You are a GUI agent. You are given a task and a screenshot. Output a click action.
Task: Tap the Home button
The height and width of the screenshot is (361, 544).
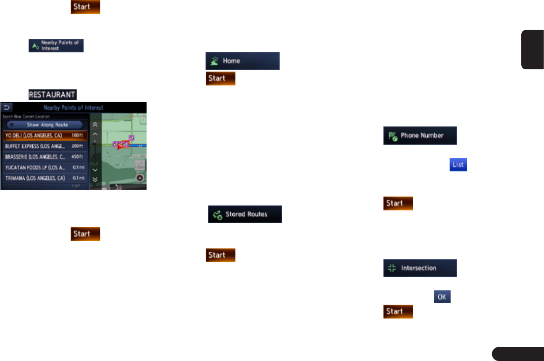click(242, 61)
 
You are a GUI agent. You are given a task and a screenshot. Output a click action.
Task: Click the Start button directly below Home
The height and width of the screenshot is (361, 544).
click(220, 79)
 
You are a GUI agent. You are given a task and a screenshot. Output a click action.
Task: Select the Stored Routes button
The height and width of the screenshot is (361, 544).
click(245, 214)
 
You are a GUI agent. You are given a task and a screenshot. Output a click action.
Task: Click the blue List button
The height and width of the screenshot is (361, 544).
click(458, 165)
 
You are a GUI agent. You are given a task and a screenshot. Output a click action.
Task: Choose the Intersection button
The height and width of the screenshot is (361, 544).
click(420, 268)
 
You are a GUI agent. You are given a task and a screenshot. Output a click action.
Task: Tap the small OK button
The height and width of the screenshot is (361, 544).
click(442, 297)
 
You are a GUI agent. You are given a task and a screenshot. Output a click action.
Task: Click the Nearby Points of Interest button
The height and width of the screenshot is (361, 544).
click(56, 45)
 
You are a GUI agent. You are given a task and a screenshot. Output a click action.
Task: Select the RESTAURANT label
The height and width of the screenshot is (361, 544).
click(52, 94)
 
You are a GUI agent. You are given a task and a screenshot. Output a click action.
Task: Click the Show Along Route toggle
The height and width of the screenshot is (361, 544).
click(44, 124)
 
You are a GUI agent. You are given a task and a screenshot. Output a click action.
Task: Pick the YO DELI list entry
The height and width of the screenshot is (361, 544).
click(44, 135)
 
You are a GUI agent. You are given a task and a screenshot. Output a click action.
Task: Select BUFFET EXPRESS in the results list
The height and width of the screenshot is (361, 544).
click(44, 146)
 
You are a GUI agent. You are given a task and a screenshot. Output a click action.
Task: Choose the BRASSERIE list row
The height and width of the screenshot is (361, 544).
click(44, 157)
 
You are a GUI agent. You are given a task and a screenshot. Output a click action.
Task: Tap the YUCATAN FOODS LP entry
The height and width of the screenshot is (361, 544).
click(44, 168)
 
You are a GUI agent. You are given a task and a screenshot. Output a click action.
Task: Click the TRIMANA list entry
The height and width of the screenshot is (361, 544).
click(44, 178)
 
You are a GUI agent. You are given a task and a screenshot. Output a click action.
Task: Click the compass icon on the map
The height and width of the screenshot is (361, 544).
click(140, 178)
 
